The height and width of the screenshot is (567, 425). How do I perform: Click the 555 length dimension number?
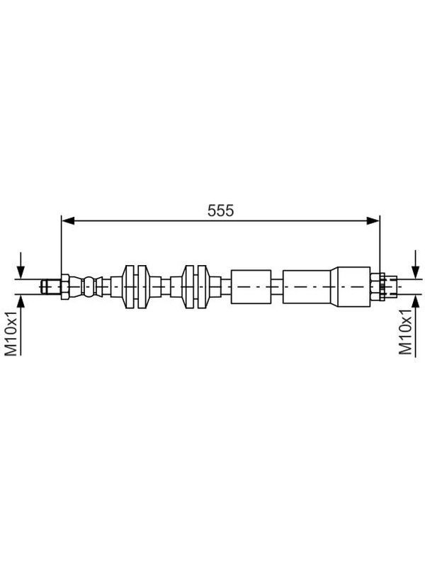pyautogui.click(x=220, y=210)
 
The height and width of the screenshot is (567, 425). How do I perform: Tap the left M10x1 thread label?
pyautogui.click(x=11, y=333)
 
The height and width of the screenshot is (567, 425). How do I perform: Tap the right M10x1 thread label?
pyautogui.click(x=405, y=332)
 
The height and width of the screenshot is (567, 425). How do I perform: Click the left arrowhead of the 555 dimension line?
pyautogui.click(x=68, y=220)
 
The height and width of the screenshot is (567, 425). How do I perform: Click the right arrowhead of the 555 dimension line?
pyautogui.click(x=373, y=220)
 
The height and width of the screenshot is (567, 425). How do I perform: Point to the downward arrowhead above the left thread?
pyautogui.click(x=21, y=272)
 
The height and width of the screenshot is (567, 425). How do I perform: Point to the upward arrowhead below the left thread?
pyautogui.click(x=21, y=301)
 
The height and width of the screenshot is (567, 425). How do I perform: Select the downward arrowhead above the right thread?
pyautogui.click(x=415, y=272)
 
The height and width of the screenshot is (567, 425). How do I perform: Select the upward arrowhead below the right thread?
pyautogui.click(x=415, y=301)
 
